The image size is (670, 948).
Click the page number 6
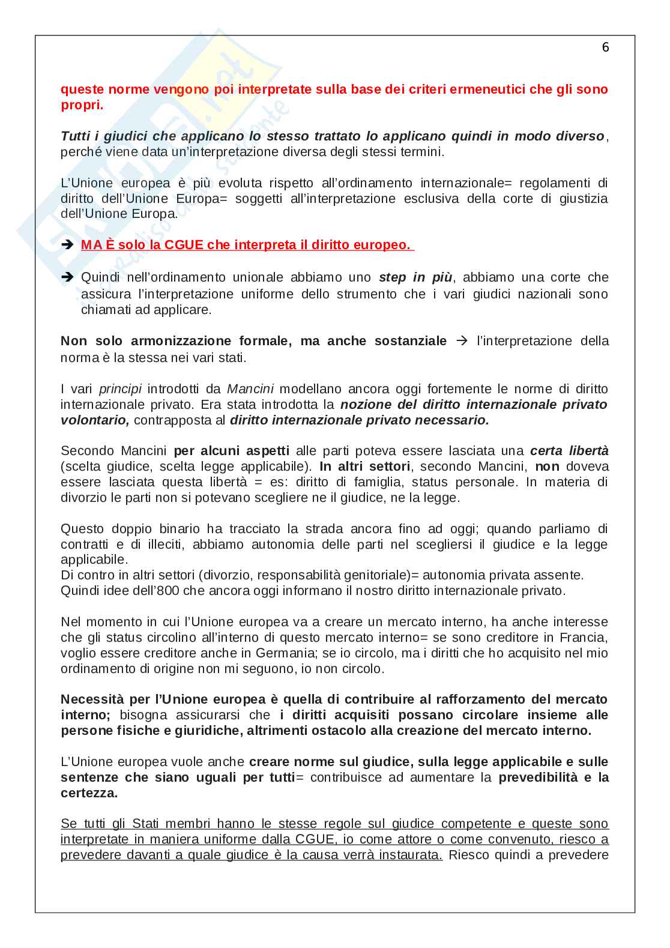click(x=605, y=47)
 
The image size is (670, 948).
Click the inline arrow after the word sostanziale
click(x=462, y=341)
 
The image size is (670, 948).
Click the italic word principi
click(x=120, y=389)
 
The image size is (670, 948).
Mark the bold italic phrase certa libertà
click(x=569, y=451)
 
